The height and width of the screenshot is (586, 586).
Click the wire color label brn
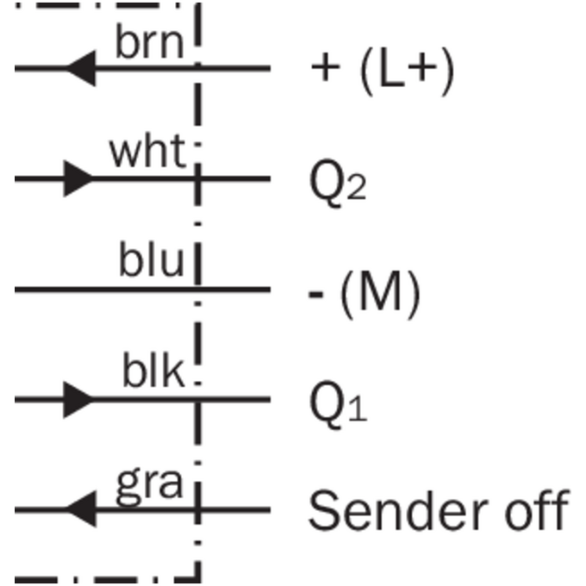[150, 42]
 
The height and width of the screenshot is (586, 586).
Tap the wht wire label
[147, 150]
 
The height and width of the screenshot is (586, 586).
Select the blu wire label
[152, 259]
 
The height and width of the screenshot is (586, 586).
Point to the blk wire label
[153, 369]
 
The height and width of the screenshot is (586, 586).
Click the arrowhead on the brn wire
[81, 68]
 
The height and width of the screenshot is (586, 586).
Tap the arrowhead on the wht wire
[79, 178]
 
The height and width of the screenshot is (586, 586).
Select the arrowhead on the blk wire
[79, 400]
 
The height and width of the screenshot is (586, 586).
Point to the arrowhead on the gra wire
[81, 509]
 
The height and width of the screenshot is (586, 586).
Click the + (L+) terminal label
[383, 72]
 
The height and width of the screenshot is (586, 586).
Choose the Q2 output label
[338, 183]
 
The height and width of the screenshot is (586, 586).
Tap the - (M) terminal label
[365, 294]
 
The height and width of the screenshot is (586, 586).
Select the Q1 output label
[338, 404]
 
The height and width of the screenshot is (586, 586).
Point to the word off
[537, 509]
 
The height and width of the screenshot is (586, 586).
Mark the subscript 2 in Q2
[357, 187]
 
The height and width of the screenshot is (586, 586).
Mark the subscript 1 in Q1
[358, 408]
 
